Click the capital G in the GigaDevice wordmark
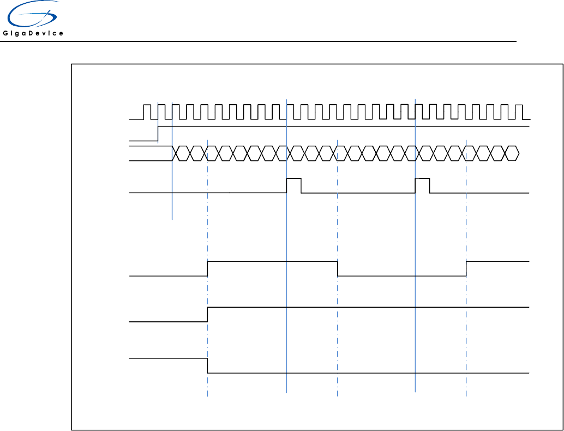5,34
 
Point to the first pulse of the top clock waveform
147,111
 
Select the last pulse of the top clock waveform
518,111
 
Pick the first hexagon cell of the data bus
180,153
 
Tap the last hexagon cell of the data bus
512,153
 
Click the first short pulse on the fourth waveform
294,185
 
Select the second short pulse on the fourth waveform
422,185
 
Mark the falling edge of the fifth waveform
338,269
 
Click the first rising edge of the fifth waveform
208,269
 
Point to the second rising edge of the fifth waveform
466,269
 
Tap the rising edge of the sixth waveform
208,315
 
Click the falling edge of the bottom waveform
208,366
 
